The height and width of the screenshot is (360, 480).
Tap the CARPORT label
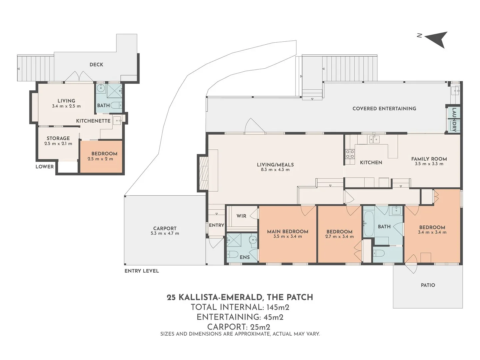tap(165, 228)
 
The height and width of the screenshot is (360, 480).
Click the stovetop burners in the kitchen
tap(350, 154)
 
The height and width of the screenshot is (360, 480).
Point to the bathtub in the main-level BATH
tap(368, 224)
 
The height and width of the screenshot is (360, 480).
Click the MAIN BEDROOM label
tap(287, 231)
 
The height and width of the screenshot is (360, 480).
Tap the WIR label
tap(241, 216)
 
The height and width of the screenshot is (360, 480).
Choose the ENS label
tap(245, 257)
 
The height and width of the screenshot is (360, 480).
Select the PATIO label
tap(428, 285)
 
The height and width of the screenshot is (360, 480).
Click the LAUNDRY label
tap(454, 119)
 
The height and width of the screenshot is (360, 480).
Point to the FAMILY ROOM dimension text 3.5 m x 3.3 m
tap(429, 164)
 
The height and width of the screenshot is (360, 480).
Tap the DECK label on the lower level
tap(96, 65)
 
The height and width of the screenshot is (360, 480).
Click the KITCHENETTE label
tap(93, 121)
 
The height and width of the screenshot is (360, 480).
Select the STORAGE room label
tap(58, 138)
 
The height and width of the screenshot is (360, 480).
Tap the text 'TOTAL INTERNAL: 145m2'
tap(240, 307)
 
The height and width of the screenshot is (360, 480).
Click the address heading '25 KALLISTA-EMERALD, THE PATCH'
tap(240, 297)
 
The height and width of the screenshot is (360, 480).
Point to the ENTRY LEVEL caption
tap(142, 271)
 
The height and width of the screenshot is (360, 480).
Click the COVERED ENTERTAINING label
tap(384, 108)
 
